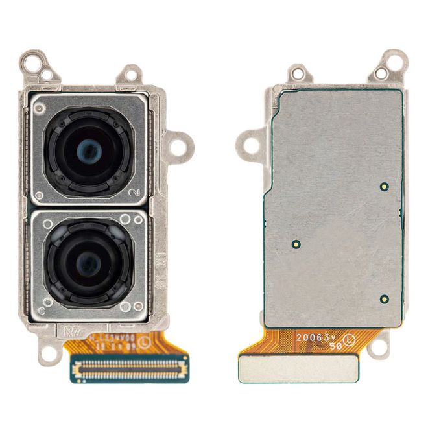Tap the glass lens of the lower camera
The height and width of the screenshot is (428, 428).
[x=86, y=262]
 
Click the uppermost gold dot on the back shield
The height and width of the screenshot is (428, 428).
[x=384, y=186]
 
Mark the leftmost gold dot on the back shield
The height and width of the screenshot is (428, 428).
[x=295, y=245]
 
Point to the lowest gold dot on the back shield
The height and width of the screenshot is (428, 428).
[x=384, y=299]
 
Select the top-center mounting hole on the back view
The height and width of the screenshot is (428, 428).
[x=299, y=74]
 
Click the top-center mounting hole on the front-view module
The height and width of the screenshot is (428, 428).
[x=130, y=74]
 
